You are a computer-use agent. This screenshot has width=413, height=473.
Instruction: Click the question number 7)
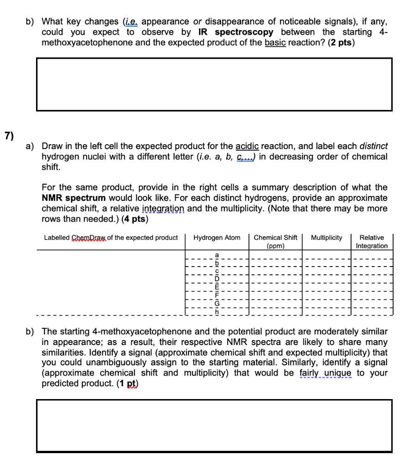click(9, 135)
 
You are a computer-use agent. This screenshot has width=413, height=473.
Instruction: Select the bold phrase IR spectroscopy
click(236, 32)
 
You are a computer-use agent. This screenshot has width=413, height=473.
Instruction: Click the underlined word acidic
click(248, 146)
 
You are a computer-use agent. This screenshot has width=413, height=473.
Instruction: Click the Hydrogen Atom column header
click(217, 238)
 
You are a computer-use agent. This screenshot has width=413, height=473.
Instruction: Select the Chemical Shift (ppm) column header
click(275, 242)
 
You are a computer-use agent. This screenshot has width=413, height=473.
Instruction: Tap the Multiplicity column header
click(327, 238)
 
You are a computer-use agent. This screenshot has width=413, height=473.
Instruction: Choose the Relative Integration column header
click(371, 242)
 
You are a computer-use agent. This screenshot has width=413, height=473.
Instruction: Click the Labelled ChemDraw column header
click(110, 238)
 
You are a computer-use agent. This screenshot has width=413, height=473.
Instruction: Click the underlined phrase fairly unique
click(325, 373)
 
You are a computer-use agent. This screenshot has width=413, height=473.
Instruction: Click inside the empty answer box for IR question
click(214, 84)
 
